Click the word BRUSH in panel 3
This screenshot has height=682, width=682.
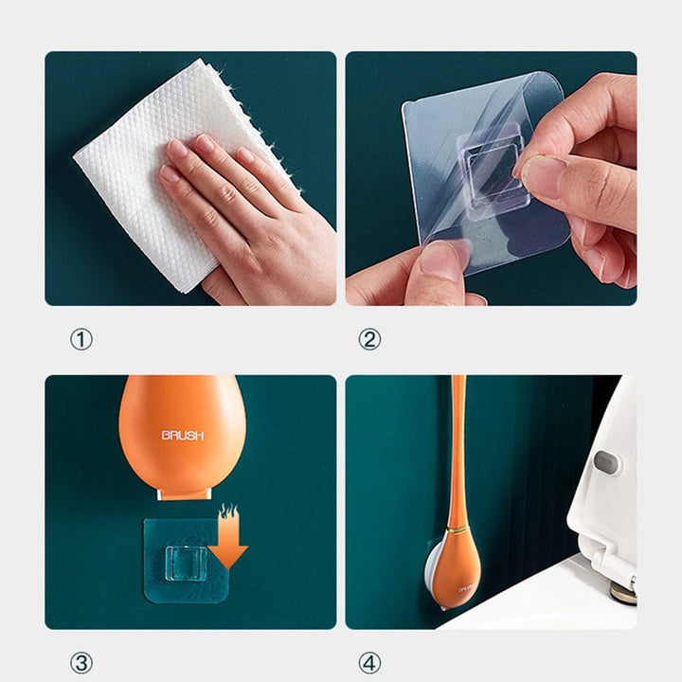182,436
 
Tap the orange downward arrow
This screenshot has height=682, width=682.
228,539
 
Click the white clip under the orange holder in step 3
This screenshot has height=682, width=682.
182,494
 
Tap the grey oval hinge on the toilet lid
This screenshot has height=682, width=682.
605,461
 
